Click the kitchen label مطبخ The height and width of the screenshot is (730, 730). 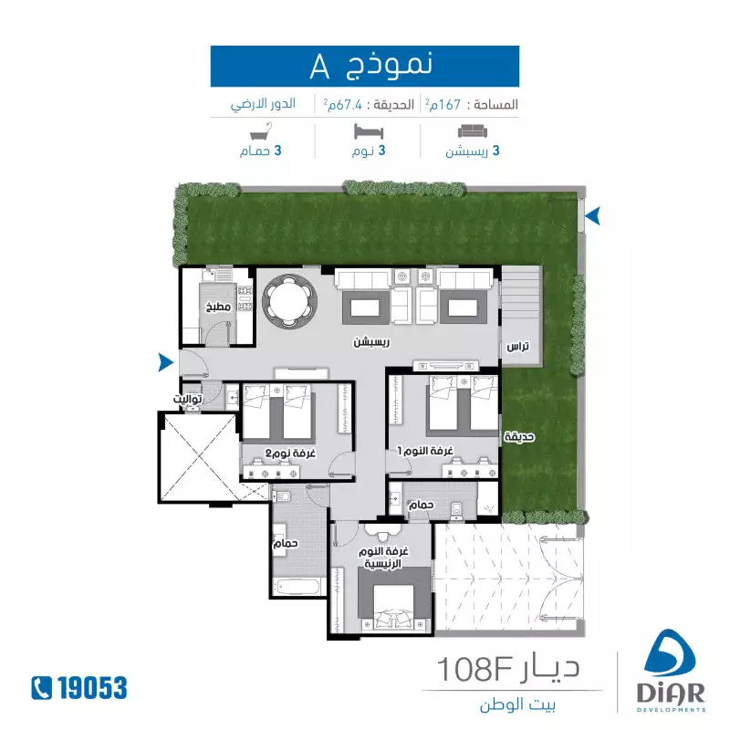pos(218,307)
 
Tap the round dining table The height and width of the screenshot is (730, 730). pos(289,299)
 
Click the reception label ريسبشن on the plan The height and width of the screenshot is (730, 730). pos(371,342)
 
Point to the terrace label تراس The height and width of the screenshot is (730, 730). pos(518,347)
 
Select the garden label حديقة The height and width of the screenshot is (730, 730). pos(519,437)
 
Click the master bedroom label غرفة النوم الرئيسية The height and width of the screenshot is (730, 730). pos(383,558)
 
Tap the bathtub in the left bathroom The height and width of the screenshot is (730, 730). pos(298,587)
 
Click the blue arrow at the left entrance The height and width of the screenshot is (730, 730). pos(166,362)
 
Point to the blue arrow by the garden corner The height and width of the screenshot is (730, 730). pos(592,216)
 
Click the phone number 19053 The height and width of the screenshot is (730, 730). pos(92,688)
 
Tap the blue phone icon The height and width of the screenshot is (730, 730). pos(41,688)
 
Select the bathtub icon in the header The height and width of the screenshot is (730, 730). pos(261,131)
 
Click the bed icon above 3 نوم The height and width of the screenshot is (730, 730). pos(369,131)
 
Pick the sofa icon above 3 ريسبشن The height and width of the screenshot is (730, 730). pos(473,131)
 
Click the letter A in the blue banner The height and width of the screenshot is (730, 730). pos(320,67)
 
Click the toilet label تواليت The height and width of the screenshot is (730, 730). pos(188,399)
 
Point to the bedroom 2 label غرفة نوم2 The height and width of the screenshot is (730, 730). pos(290,453)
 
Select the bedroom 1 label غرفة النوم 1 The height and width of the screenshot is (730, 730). pos(425,451)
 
